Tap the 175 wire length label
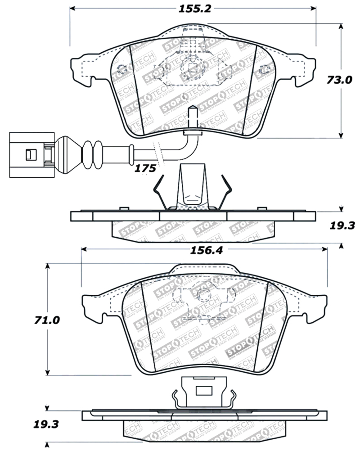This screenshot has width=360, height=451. coord(145,169)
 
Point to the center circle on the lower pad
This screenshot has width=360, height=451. coord(205,295)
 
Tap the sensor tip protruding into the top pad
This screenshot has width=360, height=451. coord(192,116)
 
